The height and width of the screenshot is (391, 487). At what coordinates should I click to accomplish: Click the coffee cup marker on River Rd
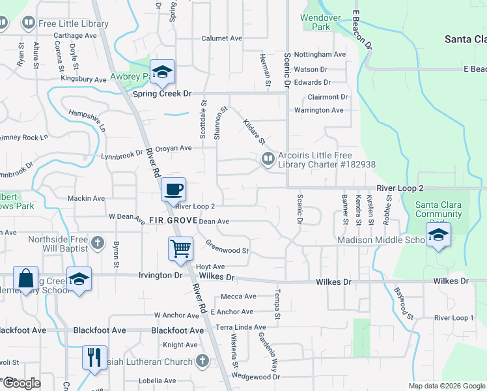click(x=173, y=190)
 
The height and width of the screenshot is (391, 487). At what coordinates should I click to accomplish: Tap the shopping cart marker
click(x=180, y=248)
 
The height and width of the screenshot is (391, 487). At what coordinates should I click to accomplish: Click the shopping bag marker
click(x=25, y=278)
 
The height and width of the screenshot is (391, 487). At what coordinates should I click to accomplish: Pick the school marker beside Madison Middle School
click(x=439, y=235)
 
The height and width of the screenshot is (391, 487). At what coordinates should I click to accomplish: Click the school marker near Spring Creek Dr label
click(x=162, y=72)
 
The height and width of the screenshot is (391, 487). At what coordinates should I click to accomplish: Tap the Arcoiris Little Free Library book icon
click(x=268, y=159)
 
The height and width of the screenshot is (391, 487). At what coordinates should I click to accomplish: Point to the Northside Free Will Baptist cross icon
click(x=98, y=243)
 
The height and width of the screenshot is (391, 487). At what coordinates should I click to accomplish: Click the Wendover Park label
click(x=316, y=22)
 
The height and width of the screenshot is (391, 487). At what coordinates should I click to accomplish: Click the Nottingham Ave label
click(x=320, y=55)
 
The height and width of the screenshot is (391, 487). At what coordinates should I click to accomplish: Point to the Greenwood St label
click(x=227, y=247)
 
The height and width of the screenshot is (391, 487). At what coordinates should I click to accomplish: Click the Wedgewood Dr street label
click(x=255, y=377)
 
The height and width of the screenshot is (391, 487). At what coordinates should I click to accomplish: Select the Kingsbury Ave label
click(x=83, y=80)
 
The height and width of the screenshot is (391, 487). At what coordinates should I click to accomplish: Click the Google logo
click(x=21, y=383)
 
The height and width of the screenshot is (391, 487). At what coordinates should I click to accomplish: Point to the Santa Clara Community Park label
click(x=439, y=214)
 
